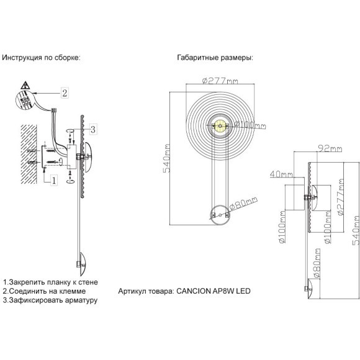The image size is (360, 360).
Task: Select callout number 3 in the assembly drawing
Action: [x=92, y=129]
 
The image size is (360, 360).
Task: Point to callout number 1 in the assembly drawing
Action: [x=54, y=180]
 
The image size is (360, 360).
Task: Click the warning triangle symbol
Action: [x=25, y=85]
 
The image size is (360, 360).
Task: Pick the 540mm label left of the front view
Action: [x=166, y=164]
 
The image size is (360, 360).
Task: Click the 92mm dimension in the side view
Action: [x=326, y=149]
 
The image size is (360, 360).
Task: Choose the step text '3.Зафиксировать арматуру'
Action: [x=50, y=300]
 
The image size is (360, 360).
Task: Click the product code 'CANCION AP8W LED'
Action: [x=212, y=291]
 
